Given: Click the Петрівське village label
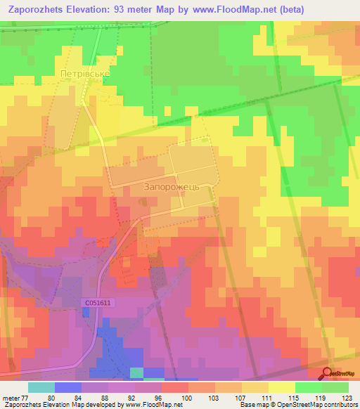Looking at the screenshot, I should coord(85,72).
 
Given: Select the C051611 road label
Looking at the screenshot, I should coord(96,301).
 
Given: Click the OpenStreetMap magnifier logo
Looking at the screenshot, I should coord(328,373).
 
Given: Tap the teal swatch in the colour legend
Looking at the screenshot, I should coord(41,387).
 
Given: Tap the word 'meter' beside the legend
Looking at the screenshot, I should coord(10,397).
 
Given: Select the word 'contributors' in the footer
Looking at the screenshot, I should coord(340,405).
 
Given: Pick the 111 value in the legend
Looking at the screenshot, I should coord(268,397).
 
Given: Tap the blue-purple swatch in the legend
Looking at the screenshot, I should coord(68,387).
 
